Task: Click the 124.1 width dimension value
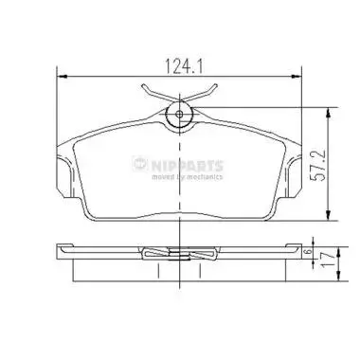[184, 66]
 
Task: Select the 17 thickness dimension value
[327, 260]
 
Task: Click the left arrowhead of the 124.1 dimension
[63, 76]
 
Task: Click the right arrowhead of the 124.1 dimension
[297, 76]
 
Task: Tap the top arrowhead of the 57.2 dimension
[329, 113]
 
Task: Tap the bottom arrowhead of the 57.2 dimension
[329, 215]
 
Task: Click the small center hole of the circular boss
[179, 114]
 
